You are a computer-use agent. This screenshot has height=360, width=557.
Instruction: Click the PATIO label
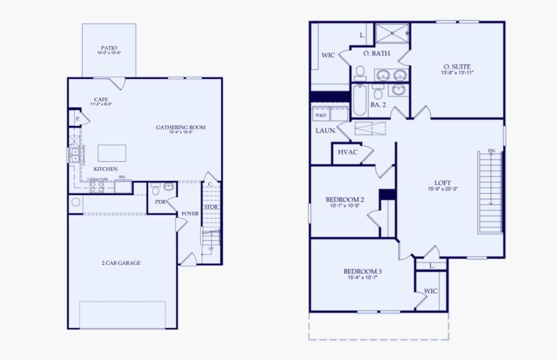109,48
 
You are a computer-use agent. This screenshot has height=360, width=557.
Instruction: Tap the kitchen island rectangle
112,153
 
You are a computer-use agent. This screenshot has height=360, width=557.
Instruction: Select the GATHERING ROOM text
180,127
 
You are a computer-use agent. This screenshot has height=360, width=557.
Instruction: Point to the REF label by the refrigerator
122,177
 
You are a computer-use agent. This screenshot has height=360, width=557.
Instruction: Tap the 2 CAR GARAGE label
121,263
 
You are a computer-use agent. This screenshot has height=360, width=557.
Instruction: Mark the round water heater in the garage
75,202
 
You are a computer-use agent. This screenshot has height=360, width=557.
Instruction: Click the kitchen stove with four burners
97,187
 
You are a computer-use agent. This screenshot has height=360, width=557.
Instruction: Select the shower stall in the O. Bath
392,34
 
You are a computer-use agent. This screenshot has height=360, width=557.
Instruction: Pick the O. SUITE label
457,66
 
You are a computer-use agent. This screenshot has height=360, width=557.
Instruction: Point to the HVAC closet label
348,152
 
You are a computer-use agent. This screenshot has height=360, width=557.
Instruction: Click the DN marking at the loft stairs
492,151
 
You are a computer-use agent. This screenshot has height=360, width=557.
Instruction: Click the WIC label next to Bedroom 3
430,291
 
